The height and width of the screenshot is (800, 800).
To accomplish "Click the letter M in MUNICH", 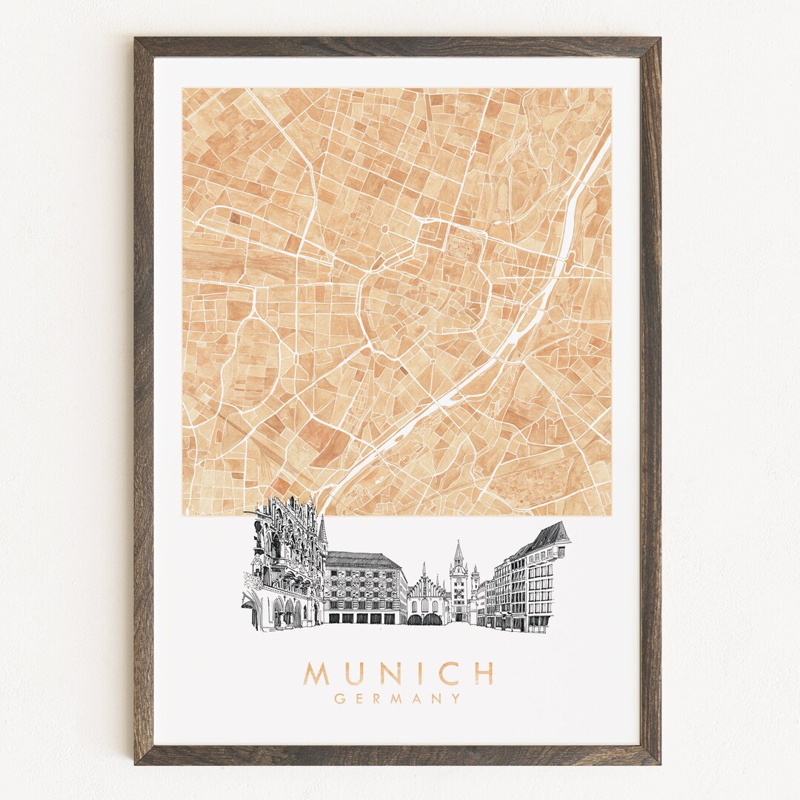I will tap(316, 673).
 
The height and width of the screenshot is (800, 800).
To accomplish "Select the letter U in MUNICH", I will tap(352, 673).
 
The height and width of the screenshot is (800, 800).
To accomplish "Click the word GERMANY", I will tap(397, 698).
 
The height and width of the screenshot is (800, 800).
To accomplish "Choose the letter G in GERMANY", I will tap(339, 698).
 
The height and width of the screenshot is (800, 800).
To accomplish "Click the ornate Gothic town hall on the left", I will tap(285, 563).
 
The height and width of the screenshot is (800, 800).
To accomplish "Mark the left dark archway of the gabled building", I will tap(414, 619).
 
